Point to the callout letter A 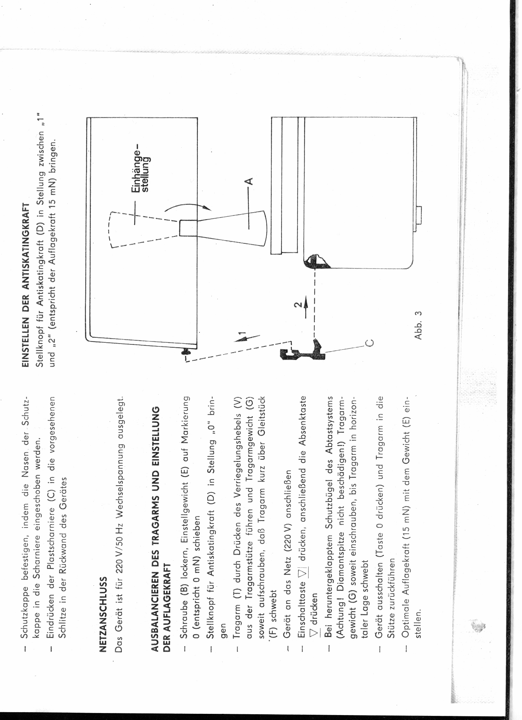pyautogui.click(x=248, y=181)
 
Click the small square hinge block pyautogui.click(x=188, y=228)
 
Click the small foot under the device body pyautogui.click(x=418, y=215)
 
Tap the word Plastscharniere pyautogui.click(x=51, y=537)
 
